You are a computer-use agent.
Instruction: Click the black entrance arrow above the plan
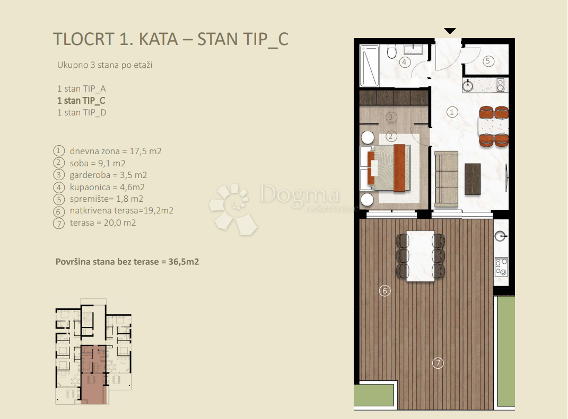point(450,31)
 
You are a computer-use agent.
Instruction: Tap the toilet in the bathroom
point(392,52)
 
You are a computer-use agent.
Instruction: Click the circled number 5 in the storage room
point(488,61)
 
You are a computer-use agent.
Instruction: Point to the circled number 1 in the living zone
point(452,112)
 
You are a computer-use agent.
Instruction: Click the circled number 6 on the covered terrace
point(385,290)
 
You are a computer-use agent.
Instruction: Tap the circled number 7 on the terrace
point(437,363)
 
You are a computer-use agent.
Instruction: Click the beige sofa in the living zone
point(445,179)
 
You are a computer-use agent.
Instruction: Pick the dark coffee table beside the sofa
point(472,179)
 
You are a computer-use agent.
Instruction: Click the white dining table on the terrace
point(421,256)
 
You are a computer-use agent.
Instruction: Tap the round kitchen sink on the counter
point(468,85)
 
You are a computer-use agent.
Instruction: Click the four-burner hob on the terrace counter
point(501,266)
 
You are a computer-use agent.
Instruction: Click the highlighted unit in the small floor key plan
point(93,373)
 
